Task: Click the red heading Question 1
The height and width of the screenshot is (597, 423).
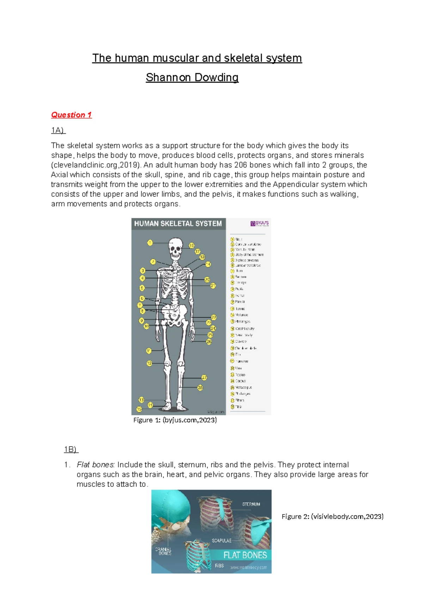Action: [x=71, y=115]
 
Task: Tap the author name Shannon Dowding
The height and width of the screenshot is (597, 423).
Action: [x=192, y=77]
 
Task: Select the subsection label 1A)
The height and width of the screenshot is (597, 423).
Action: [x=58, y=130]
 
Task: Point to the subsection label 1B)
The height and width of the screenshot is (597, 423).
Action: [x=71, y=449]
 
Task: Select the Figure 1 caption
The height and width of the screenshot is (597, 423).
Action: [x=175, y=420]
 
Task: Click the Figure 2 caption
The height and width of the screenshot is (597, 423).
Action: [x=332, y=516]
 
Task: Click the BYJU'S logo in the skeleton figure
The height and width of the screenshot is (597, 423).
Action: [x=260, y=224]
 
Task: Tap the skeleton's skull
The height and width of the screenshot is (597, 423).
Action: [x=176, y=247]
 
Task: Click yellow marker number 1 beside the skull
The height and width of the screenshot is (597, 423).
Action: [x=150, y=243]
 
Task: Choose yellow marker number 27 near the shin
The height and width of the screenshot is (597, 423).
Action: [x=204, y=378]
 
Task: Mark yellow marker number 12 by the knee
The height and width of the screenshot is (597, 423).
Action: [x=149, y=363]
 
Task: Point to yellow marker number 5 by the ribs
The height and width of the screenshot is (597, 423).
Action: [x=142, y=288]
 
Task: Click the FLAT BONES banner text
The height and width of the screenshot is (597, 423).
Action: [x=245, y=555]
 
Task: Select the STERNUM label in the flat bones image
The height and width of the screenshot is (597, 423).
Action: [x=251, y=504]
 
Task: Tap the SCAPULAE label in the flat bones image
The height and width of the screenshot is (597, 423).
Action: [x=222, y=540]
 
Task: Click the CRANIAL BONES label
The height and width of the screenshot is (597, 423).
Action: [x=164, y=551]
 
